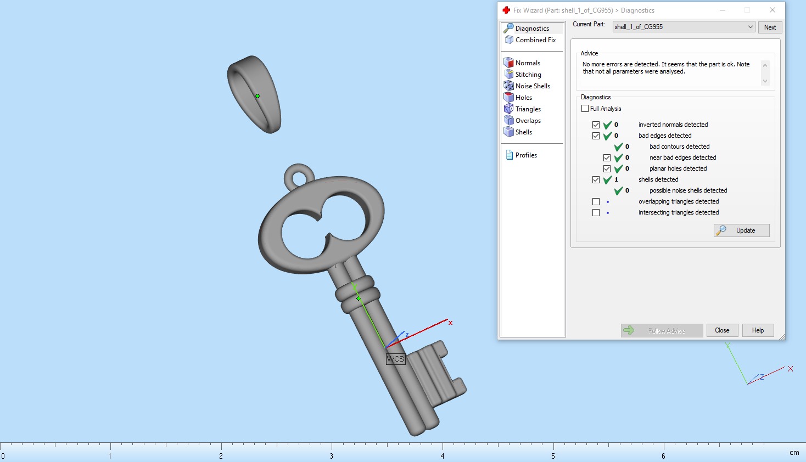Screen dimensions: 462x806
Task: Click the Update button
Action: [741, 230]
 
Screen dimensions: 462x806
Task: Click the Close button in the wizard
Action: [722, 330]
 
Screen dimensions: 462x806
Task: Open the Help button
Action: [758, 330]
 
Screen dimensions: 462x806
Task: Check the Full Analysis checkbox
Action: [585, 109]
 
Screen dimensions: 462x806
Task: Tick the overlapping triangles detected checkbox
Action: [596, 201]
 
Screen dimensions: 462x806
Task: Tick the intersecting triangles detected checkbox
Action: [596, 212]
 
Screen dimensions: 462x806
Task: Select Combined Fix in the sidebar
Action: [535, 40]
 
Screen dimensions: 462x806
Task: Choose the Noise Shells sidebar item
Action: [533, 86]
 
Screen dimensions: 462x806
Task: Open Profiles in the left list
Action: [526, 155]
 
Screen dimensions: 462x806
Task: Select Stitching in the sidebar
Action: [528, 75]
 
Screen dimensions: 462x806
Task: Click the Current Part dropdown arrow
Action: [750, 27]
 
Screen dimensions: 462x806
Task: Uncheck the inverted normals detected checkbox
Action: [596, 125]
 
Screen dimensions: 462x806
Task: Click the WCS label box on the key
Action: [395, 359]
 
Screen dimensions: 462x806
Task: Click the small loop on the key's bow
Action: [299, 178]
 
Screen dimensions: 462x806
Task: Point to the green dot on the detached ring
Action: [257, 96]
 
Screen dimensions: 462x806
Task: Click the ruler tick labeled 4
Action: [443, 455]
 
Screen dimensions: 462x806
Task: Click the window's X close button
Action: [772, 10]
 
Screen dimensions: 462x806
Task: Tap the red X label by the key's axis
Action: [450, 323]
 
